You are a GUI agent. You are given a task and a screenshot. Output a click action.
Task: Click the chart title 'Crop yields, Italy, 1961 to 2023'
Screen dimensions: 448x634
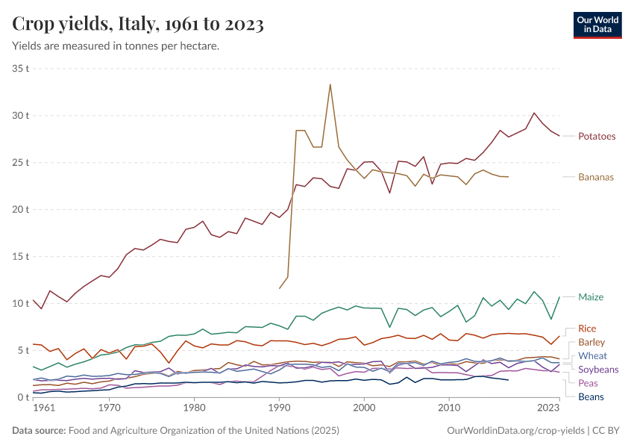138,24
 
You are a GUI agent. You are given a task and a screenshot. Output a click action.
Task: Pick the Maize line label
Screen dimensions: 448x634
591,296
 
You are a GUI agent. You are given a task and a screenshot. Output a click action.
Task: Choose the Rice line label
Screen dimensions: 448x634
587,329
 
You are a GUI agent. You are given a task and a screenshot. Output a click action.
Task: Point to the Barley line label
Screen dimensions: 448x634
591,342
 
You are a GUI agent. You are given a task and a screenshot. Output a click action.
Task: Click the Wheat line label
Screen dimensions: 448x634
592,355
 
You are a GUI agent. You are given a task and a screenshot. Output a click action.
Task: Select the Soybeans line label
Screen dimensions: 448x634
598,370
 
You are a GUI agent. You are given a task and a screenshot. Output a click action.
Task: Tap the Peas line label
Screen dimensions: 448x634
588,383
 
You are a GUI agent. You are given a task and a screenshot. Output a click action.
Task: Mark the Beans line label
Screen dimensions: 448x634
591,396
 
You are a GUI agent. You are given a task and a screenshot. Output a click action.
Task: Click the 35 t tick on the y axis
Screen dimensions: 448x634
21,68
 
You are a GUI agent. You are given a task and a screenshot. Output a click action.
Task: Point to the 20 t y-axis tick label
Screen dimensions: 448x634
21,209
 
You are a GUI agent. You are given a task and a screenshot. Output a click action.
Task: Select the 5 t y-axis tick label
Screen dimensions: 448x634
23,350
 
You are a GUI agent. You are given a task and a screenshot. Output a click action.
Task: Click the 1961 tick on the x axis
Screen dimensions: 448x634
43,408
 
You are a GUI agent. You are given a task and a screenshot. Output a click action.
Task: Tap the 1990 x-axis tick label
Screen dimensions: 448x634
279,408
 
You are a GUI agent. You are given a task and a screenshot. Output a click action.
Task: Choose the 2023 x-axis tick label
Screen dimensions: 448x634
548,408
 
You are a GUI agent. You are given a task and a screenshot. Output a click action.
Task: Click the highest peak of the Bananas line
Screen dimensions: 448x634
330,84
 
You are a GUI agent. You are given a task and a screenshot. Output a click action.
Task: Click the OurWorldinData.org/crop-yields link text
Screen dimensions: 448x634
515,431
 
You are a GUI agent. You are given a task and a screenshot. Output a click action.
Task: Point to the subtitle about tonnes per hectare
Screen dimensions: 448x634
116,46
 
